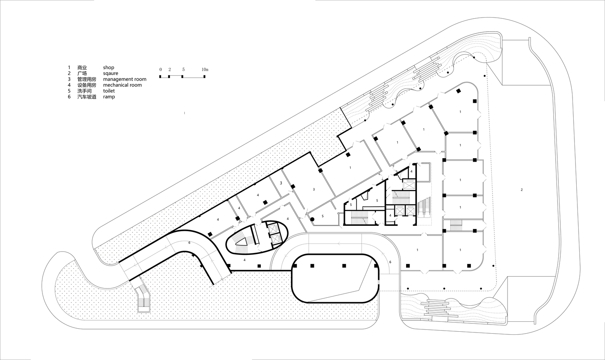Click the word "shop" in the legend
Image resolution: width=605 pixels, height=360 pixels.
point(108,67)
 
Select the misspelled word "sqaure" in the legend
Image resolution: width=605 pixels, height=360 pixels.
point(110,73)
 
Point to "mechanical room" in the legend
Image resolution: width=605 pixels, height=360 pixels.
point(122,85)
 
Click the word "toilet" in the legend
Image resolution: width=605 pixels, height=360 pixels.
point(109,91)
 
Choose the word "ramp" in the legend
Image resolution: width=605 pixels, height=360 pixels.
point(109,97)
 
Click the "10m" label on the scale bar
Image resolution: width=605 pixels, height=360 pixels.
point(205,70)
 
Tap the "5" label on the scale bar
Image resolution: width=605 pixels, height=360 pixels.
point(183,70)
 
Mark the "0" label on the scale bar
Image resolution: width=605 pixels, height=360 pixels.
point(161,70)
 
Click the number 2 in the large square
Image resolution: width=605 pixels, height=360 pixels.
point(521,190)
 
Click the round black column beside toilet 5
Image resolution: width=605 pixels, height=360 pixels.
point(312,219)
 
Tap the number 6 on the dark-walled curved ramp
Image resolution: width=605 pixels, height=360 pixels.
point(189,243)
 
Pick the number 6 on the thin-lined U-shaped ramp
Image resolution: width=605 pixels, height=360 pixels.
point(390,262)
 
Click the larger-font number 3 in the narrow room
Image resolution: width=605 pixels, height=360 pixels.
point(281,183)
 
